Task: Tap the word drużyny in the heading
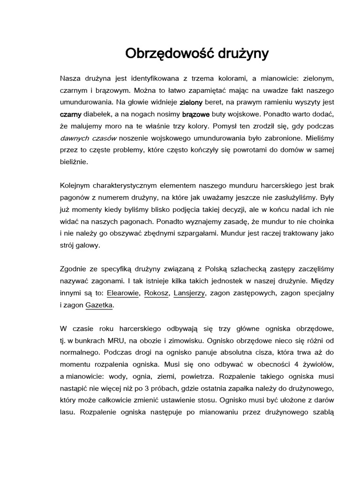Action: pos(241,53)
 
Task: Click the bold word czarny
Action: pos(71,114)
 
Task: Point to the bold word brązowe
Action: pos(195,114)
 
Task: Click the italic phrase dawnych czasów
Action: pos(88,138)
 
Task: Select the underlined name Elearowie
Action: pos(123,293)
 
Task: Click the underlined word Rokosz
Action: pos(157,293)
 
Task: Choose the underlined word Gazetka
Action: pos(99,305)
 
